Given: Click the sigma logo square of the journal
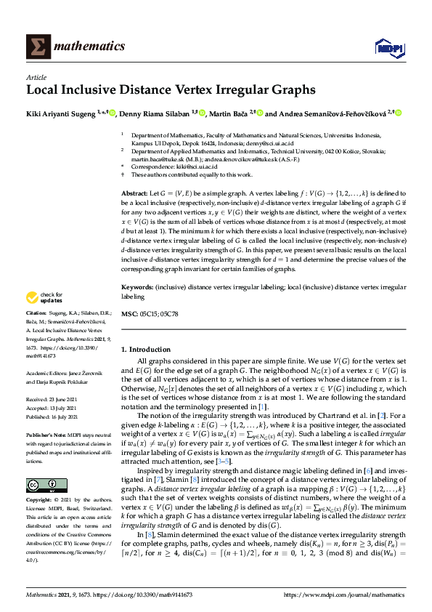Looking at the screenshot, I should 38,47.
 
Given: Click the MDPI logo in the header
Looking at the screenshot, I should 387,48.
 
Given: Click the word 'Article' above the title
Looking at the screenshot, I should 36,77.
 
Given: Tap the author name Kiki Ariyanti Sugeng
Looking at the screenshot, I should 61,113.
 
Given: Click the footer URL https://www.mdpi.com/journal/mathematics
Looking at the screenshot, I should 343,595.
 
